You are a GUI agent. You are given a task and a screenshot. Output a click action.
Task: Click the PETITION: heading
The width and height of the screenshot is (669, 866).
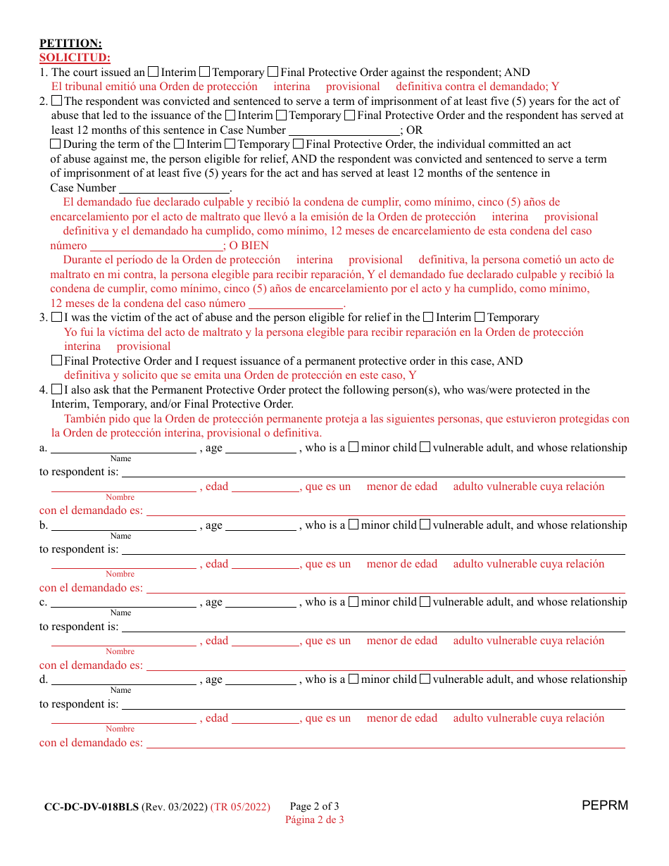coord(70,44)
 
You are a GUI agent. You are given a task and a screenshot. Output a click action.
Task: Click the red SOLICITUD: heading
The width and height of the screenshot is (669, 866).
coord(75,58)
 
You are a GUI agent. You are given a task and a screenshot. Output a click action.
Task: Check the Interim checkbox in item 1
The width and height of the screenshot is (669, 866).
coord(154,72)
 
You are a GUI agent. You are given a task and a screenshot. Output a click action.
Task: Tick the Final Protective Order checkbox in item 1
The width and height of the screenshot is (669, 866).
coord(273,72)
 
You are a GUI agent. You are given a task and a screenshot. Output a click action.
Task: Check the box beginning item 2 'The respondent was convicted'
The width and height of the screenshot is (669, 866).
coord(57,101)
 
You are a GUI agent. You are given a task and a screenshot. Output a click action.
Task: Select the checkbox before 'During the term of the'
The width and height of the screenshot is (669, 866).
coord(56,144)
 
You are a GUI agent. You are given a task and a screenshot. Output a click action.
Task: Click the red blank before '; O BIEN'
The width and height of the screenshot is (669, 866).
coord(156,246)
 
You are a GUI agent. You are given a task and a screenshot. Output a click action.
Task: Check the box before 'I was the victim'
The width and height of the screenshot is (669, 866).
coord(57,318)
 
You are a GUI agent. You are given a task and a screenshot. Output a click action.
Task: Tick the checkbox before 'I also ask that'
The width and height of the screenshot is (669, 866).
coord(57,389)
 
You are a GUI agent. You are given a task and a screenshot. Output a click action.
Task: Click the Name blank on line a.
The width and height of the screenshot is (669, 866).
coord(123,448)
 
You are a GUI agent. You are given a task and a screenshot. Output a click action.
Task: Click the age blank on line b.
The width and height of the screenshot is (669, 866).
coord(261,525)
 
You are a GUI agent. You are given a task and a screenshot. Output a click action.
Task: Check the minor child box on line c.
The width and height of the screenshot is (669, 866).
coord(354,602)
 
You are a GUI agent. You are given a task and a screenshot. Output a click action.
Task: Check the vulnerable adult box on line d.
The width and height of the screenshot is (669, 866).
coord(425,679)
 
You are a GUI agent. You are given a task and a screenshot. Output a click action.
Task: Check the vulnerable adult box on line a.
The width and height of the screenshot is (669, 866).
coord(425,447)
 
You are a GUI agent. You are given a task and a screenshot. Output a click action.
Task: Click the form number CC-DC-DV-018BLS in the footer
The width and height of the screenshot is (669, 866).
coord(92,807)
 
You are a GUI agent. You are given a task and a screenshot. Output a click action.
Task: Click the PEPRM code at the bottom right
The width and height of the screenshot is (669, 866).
coord(605,805)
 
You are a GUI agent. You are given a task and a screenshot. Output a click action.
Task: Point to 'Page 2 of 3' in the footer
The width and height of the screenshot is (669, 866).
coord(314,807)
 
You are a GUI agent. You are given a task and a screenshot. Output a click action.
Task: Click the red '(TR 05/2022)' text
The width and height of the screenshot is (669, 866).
coord(240,807)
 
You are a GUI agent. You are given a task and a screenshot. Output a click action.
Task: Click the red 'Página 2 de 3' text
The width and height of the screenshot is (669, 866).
coord(314,820)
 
